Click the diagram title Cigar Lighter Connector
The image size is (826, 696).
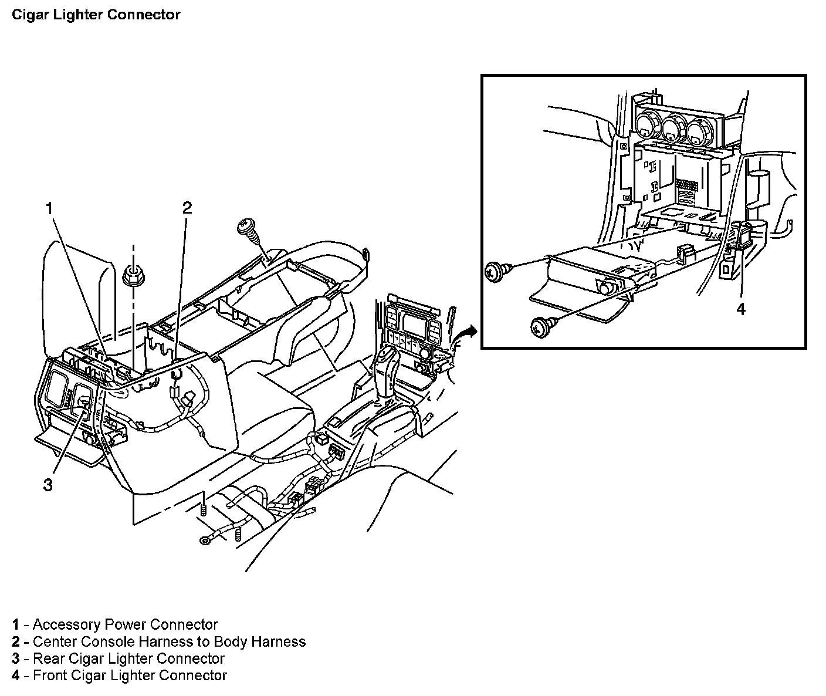[96, 15]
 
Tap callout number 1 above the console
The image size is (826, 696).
[49, 208]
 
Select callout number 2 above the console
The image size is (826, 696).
[187, 208]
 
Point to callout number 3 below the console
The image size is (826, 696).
[48, 485]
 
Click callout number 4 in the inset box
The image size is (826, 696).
[741, 309]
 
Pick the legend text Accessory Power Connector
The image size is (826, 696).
[125, 624]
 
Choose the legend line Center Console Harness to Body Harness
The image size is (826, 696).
[170, 641]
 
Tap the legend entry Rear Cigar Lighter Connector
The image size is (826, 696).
[128, 658]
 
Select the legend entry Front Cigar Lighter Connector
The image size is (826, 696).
[130, 675]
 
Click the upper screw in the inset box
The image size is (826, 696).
[497, 272]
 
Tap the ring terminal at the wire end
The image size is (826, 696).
[205, 540]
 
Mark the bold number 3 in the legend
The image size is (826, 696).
[15, 659]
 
